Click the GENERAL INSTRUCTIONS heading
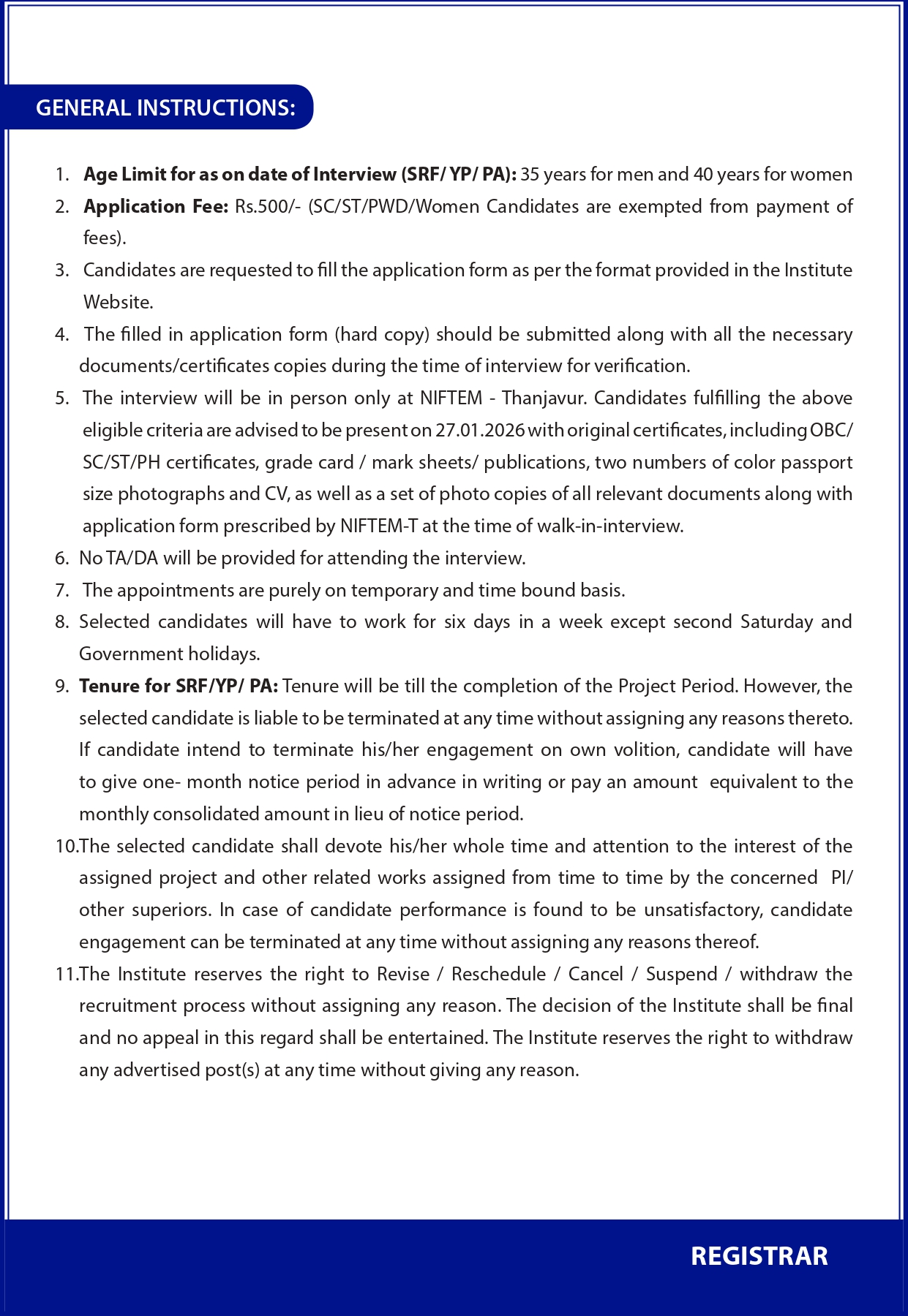coord(165,108)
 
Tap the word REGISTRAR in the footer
coord(759,1256)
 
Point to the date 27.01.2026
coord(480,430)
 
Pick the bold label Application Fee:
coord(156,207)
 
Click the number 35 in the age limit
coord(530,175)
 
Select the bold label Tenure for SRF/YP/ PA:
coord(179,687)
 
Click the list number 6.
coord(61,559)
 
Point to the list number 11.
coord(65,975)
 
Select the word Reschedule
coord(498,975)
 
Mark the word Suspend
coord(681,975)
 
